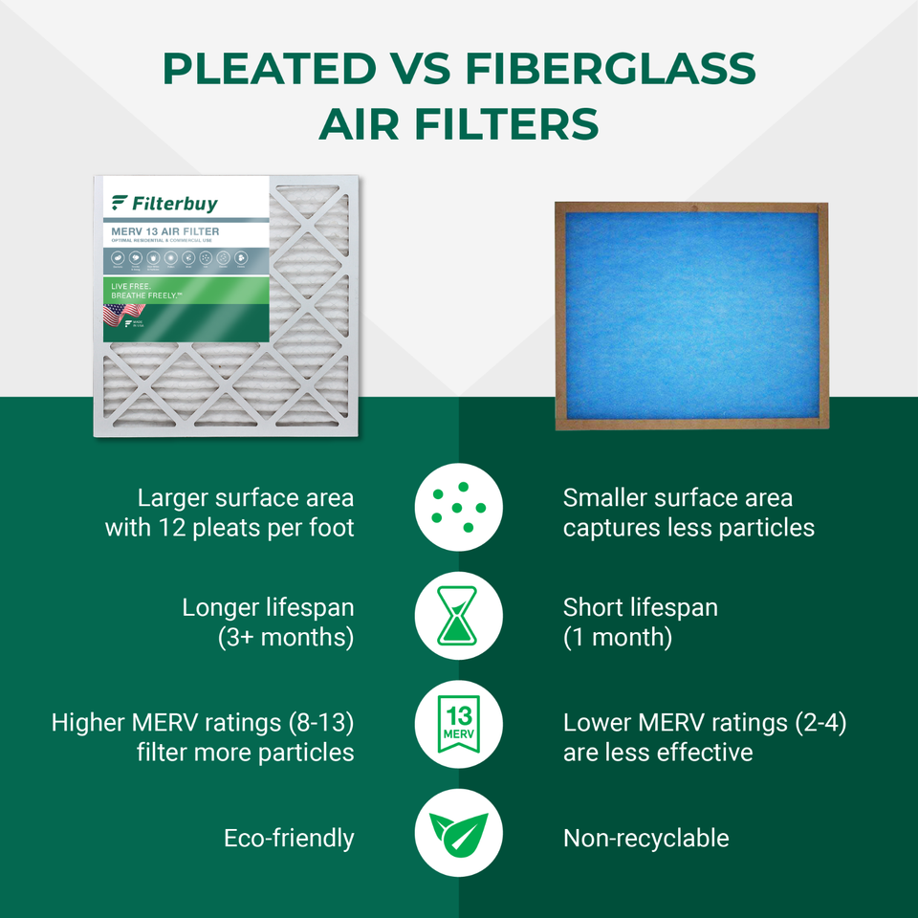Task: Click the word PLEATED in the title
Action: click(269, 69)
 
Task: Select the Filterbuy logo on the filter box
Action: click(164, 203)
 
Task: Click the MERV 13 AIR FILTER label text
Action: click(165, 231)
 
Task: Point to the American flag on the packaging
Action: click(117, 315)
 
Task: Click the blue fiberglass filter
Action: click(691, 315)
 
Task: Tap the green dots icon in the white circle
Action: click(459, 506)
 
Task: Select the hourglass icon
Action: click(459, 616)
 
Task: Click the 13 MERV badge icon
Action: click(459, 725)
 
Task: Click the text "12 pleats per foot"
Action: click(251, 528)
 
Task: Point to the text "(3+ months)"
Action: click(286, 638)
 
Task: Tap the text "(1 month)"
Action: click(618, 638)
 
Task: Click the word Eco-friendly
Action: click(289, 839)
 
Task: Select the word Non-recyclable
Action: click(645, 839)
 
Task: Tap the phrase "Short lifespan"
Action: click(640, 607)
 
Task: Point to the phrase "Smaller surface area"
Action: click(677, 498)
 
